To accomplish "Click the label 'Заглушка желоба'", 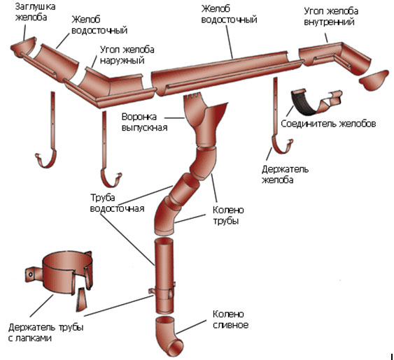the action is tap(36, 12).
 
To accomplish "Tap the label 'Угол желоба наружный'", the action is tap(127, 55).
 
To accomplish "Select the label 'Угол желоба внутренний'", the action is tap(331, 17).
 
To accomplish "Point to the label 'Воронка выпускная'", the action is tap(144, 122).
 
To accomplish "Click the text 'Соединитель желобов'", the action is tap(328, 124).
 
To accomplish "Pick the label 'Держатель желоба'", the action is tap(285, 175).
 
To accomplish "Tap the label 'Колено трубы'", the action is tap(228, 215).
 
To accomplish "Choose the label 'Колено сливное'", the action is tap(230, 319).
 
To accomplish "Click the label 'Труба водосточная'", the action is tap(117, 203).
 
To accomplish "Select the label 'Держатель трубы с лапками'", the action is tap(45, 333).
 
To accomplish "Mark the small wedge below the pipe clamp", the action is tap(81, 299).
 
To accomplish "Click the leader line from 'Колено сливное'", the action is tap(191, 326).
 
